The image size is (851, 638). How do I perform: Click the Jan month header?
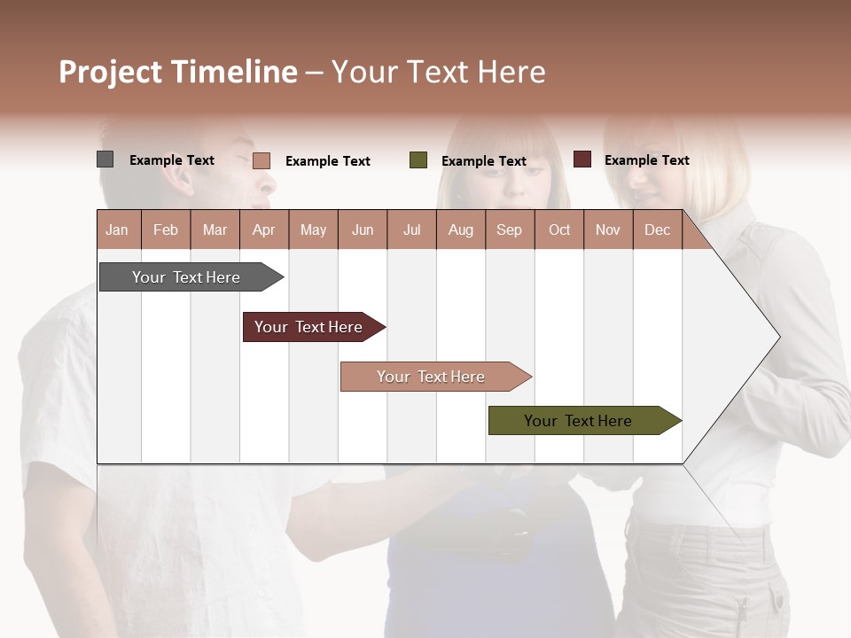click(118, 230)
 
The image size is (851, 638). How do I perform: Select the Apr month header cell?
click(264, 230)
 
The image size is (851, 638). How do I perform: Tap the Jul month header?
click(411, 230)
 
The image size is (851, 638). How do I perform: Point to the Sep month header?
click(509, 230)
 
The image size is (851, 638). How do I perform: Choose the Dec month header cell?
click(657, 230)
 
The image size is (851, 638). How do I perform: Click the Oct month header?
click(558, 230)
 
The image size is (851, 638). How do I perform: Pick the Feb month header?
click(166, 230)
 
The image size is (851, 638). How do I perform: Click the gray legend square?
click(105, 159)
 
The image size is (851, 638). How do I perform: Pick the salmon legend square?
click(261, 160)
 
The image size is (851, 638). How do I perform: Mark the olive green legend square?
click(418, 160)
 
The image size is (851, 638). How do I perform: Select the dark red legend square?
click(582, 159)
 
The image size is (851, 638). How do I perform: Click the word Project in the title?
click(111, 72)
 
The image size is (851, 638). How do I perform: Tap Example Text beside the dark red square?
click(646, 160)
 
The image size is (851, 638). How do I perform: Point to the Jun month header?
click(363, 230)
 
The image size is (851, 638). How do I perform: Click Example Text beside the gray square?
click(172, 160)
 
